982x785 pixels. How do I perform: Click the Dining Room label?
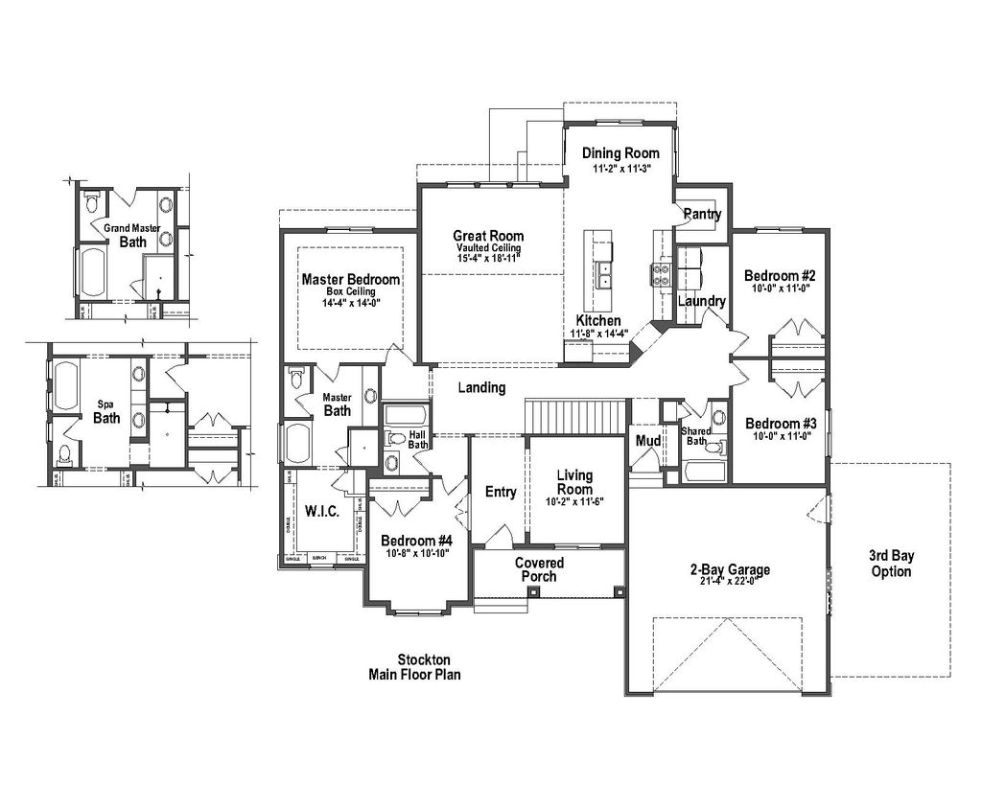tap(621, 153)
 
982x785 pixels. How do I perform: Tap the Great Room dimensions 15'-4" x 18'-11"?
tap(489, 258)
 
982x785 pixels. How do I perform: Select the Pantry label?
tap(702, 215)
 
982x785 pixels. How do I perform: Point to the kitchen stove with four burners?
tap(662, 276)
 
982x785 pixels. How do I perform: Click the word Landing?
tap(481, 388)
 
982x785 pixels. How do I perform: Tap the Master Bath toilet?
tap(296, 378)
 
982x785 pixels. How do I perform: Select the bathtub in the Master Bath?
tap(296, 444)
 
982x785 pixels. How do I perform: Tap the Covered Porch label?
tap(539, 569)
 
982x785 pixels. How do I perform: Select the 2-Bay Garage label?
tap(730, 569)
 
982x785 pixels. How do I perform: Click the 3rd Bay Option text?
tap(891, 564)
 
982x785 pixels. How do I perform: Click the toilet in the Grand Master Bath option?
tap(92, 203)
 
